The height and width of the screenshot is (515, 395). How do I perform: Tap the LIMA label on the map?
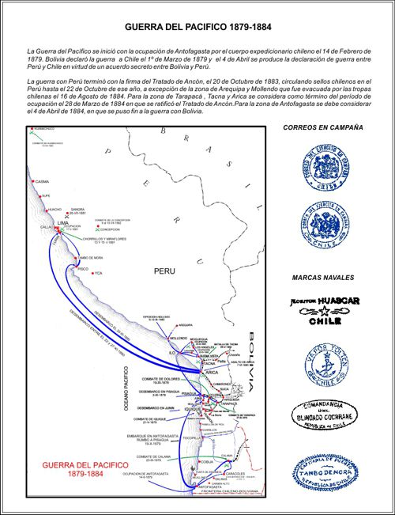[x=63, y=224]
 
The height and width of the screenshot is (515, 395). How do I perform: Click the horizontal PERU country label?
[x=164, y=271]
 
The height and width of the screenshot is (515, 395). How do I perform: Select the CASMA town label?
[x=43, y=182]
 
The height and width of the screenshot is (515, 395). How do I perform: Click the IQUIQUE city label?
[x=194, y=408]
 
